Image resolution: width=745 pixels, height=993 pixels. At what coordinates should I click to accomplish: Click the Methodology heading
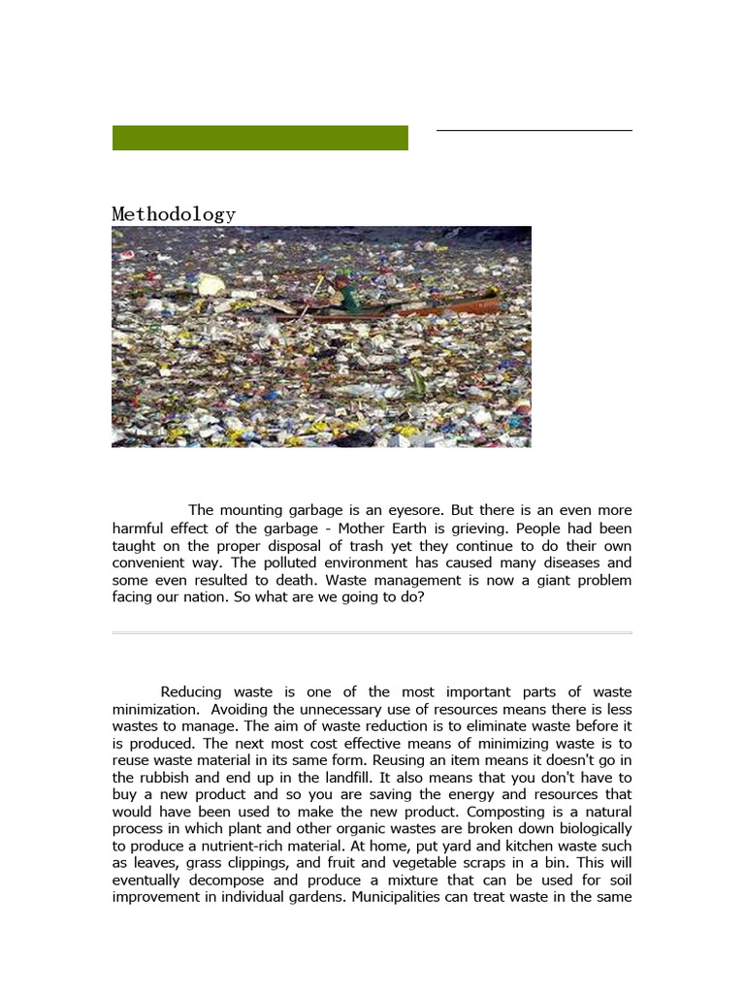tap(174, 214)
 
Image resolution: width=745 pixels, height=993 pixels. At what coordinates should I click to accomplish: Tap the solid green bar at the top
tap(260, 138)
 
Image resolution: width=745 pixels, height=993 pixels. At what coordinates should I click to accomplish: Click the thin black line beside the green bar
tap(534, 130)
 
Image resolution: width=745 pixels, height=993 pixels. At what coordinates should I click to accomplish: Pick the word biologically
tap(591, 830)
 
